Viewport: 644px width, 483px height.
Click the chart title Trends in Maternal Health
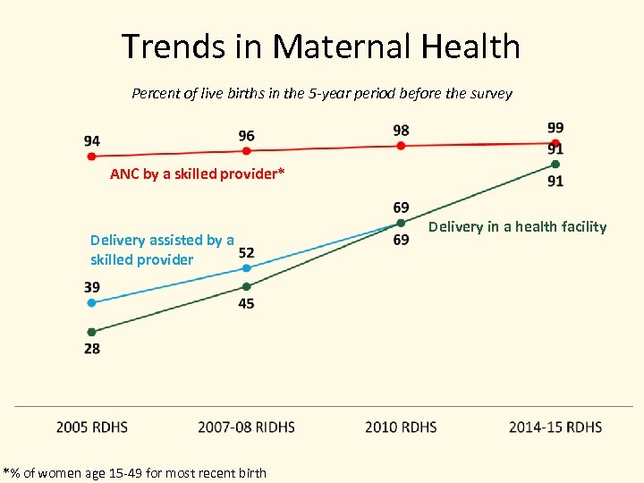click(x=321, y=47)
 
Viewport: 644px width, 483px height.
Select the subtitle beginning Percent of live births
click(x=321, y=93)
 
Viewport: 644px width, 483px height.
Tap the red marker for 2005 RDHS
click(x=91, y=156)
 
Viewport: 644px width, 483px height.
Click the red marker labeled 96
click(x=246, y=151)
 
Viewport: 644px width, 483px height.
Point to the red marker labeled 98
click(x=401, y=146)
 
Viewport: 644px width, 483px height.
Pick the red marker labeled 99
click(x=555, y=143)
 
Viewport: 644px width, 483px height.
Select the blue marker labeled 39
click(x=91, y=302)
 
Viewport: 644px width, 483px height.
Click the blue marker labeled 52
click(x=246, y=267)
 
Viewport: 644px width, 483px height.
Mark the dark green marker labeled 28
click(x=91, y=332)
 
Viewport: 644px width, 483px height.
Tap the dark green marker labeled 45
click(x=246, y=286)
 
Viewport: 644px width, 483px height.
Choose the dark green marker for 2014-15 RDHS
click(x=555, y=165)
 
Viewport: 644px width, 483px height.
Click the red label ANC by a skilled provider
click(x=197, y=174)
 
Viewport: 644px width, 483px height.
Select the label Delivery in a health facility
click(x=517, y=227)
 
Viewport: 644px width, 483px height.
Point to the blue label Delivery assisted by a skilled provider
click(x=162, y=250)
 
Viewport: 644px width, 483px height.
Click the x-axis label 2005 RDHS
click(x=91, y=427)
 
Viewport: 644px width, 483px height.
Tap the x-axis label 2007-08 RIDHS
click(x=246, y=427)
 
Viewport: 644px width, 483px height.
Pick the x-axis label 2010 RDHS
click(x=401, y=427)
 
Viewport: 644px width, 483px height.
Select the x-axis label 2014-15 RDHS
click(x=555, y=427)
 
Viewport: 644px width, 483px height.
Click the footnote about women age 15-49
click(x=135, y=472)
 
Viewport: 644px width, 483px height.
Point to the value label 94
click(x=91, y=141)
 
